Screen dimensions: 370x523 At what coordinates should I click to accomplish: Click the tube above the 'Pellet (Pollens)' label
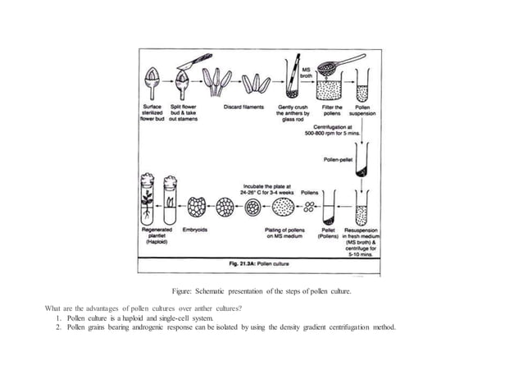330,208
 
